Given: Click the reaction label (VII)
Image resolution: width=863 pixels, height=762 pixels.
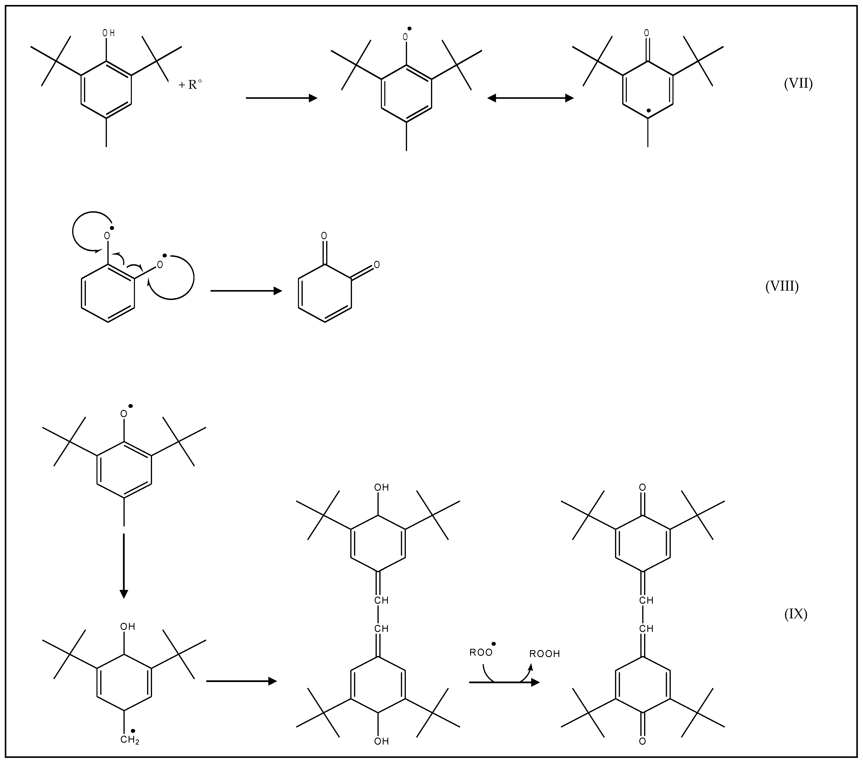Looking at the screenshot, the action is click(x=798, y=84).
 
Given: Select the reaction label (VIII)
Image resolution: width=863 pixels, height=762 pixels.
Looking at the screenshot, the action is click(x=782, y=287).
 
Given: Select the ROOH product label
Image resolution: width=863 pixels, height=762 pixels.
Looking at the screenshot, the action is click(x=545, y=654).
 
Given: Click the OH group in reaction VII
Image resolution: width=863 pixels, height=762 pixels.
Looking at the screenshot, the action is click(x=108, y=33).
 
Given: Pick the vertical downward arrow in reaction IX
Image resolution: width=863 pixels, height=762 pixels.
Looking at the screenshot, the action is click(x=124, y=566).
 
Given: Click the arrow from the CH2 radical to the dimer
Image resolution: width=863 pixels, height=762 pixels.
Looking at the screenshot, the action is click(x=241, y=681).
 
